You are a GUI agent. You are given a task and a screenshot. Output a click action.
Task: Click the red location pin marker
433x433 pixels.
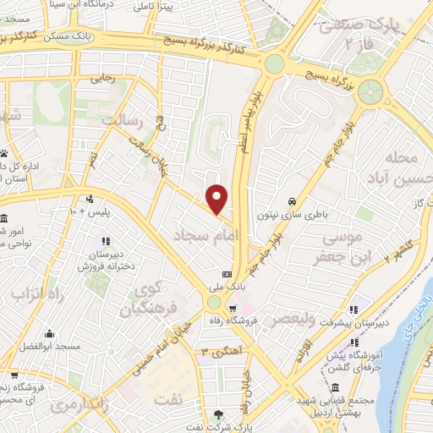[x=217, y=199]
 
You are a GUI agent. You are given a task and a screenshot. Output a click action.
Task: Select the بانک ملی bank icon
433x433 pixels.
[x=227, y=274]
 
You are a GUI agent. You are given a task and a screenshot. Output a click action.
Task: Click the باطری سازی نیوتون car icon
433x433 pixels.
[x=292, y=202]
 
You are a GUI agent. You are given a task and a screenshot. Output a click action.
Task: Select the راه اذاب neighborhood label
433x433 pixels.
[x=33, y=293]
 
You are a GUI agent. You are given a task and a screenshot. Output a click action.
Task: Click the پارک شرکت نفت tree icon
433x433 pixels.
[x=219, y=414]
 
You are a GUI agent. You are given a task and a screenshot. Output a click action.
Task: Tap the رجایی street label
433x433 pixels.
[x=103, y=81]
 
